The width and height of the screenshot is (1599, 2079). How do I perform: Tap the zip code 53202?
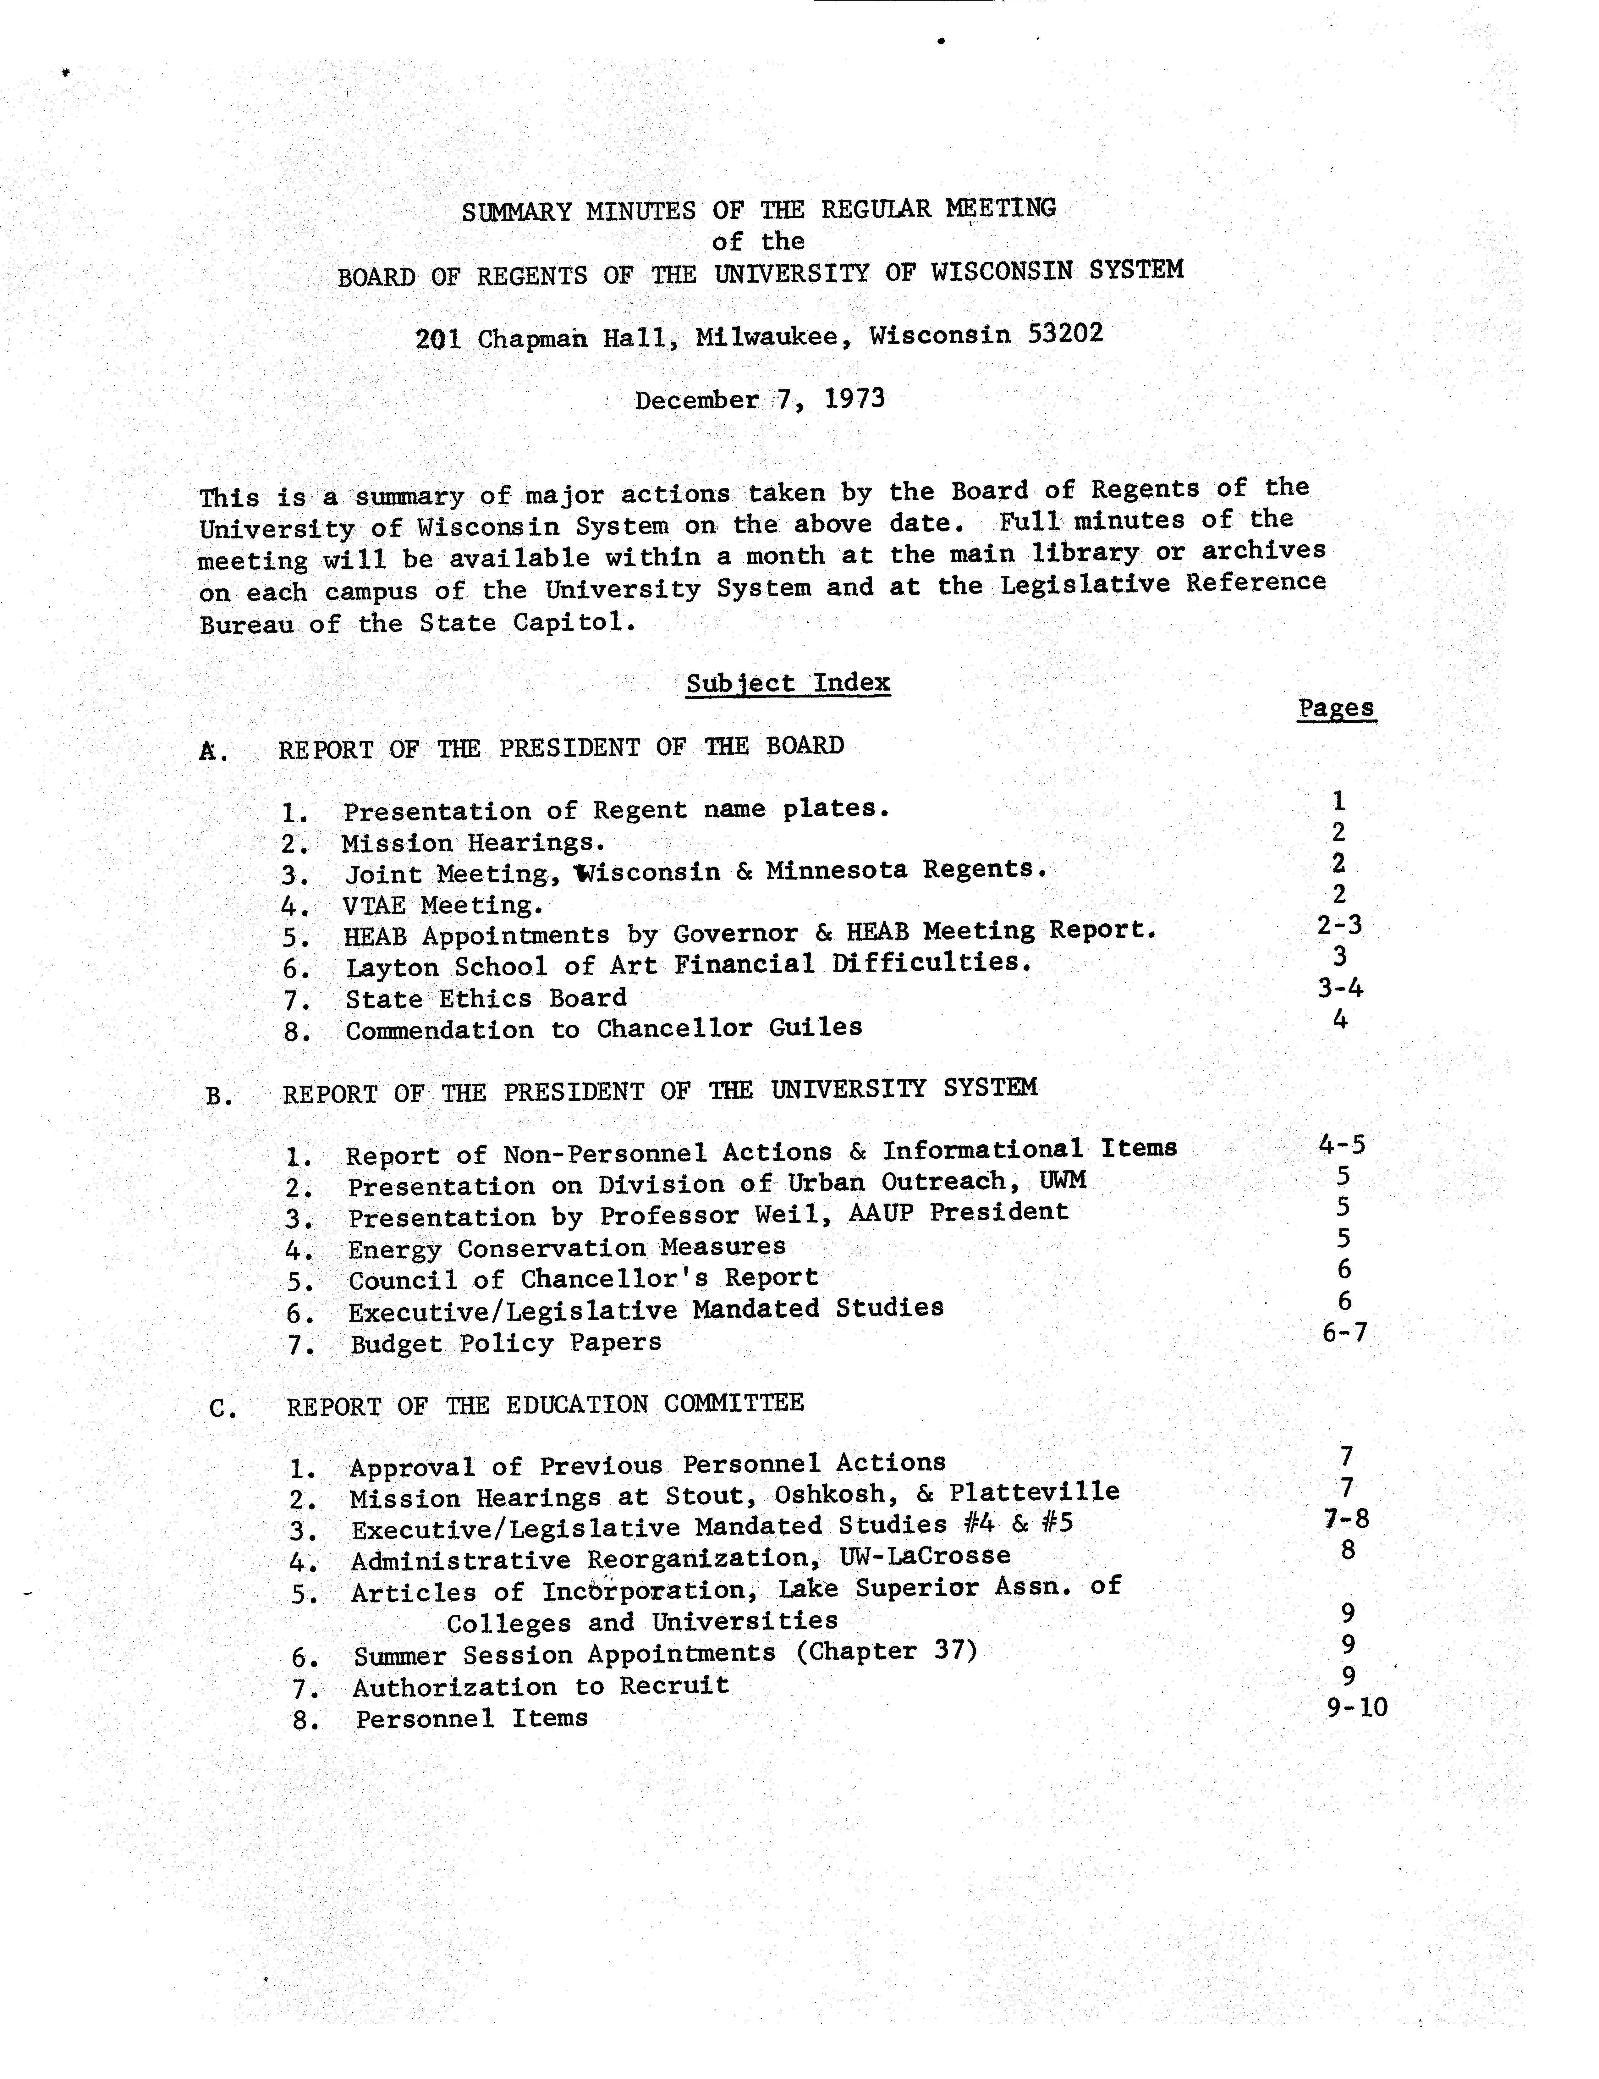click(1066, 333)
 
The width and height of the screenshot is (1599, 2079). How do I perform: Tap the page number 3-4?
click(1340, 988)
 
